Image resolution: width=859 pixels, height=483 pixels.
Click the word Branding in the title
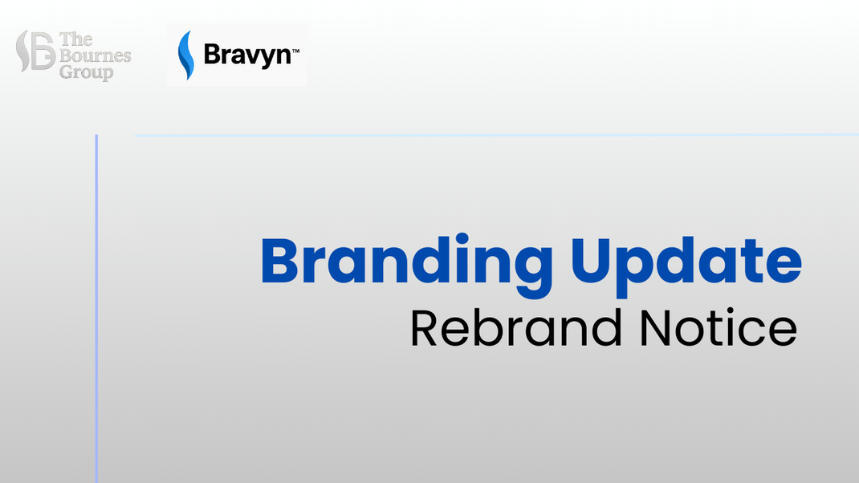[x=406, y=266]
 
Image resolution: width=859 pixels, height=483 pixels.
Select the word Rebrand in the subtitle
[x=516, y=328]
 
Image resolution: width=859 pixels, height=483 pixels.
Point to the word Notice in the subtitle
[x=719, y=328]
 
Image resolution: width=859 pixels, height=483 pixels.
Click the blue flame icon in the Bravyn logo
[x=186, y=55]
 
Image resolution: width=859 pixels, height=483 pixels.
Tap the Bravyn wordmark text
[x=247, y=55]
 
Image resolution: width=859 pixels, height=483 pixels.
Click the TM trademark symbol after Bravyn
[x=295, y=51]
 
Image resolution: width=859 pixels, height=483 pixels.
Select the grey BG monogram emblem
[x=35, y=51]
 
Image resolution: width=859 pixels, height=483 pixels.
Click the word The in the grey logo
[x=76, y=39]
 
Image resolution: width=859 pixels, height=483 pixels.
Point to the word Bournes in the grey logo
[x=96, y=55]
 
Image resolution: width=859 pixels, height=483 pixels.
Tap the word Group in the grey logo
[x=87, y=72]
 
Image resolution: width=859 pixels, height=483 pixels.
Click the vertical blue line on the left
[x=96, y=308]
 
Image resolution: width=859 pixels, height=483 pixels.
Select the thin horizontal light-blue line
[x=496, y=136]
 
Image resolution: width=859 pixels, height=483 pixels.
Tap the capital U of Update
[x=592, y=261]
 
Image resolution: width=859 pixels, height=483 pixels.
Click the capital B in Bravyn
[x=212, y=55]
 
